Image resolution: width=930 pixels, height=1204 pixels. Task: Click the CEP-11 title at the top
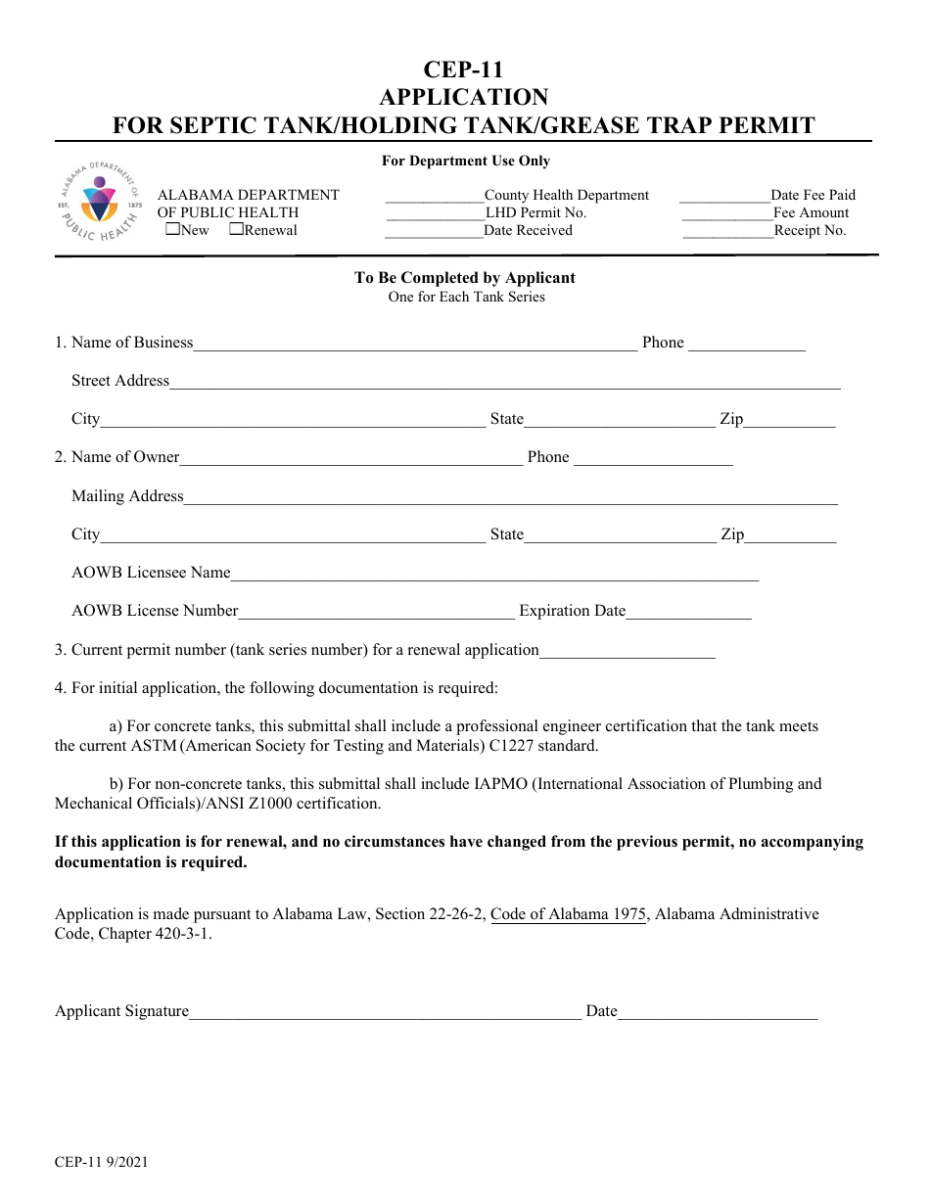(463, 69)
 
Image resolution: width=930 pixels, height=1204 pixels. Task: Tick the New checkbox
(172, 230)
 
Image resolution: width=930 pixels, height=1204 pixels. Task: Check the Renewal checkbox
(236, 230)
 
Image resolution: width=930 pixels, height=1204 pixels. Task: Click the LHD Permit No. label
(535, 212)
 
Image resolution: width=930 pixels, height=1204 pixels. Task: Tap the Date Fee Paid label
(813, 195)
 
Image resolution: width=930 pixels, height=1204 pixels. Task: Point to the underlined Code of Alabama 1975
(568, 914)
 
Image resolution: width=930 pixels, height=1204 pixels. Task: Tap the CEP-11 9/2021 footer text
(102, 1162)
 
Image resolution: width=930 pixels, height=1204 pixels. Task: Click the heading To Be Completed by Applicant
(464, 278)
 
